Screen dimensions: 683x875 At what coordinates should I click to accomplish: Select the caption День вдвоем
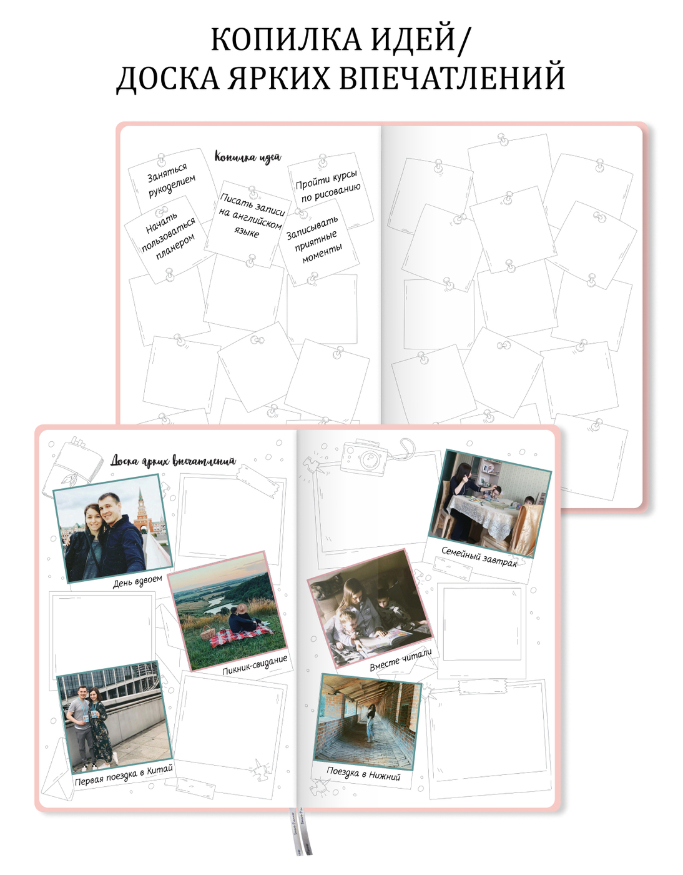137,581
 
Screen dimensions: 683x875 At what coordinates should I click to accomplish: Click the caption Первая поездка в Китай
124,775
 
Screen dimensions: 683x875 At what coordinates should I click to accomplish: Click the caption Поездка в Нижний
363,774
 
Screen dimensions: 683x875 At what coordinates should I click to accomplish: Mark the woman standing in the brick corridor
371,724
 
